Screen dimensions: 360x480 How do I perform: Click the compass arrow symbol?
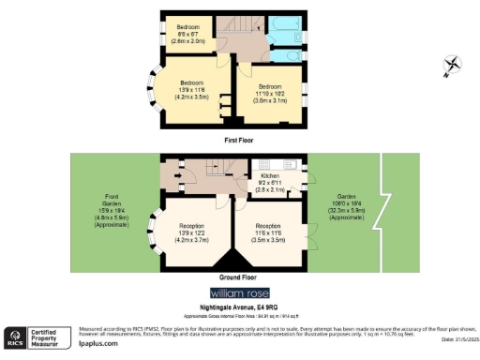click(453, 64)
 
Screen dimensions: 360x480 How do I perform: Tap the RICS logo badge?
click(17, 336)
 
